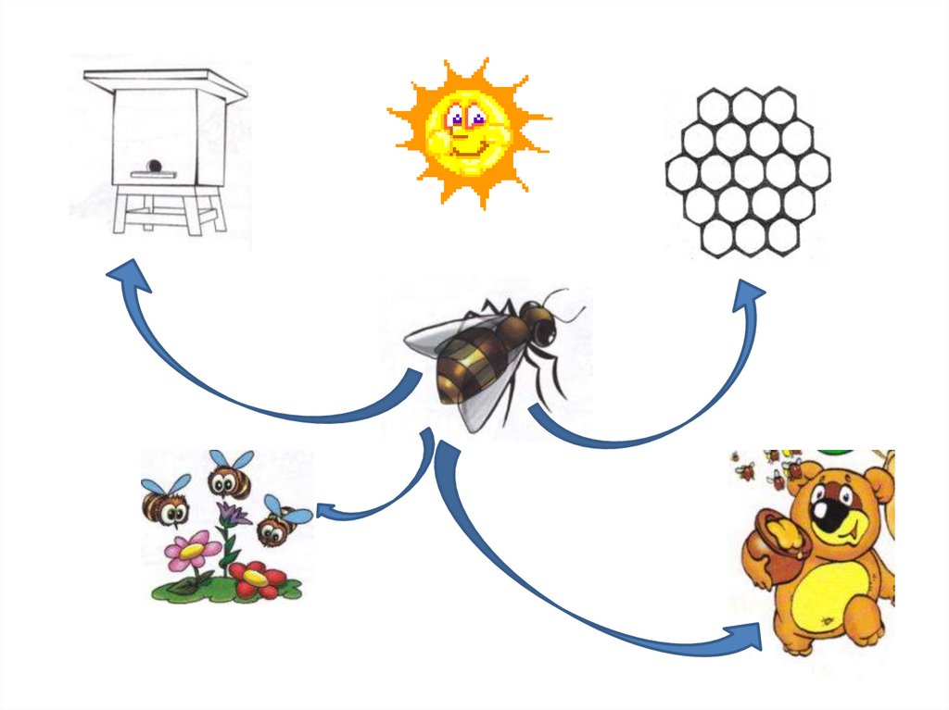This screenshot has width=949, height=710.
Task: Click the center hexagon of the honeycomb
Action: click(x=748, y=171)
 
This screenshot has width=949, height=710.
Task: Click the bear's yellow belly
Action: click(x=829, y=592)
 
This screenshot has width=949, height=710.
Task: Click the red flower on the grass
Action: click(x=256, y=579)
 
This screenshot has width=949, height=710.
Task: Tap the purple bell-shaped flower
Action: click(x=231, y=514)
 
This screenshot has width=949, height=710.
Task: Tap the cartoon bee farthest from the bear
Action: click(x=165, y=503)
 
